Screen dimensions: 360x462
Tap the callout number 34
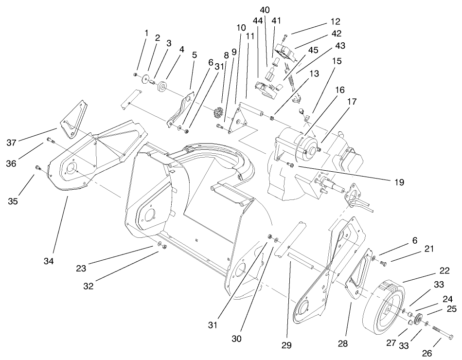pos(48,261)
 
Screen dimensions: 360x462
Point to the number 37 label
pos(12,143)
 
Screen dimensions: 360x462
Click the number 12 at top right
pos(335,22)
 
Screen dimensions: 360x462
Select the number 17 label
pos(352,103)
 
